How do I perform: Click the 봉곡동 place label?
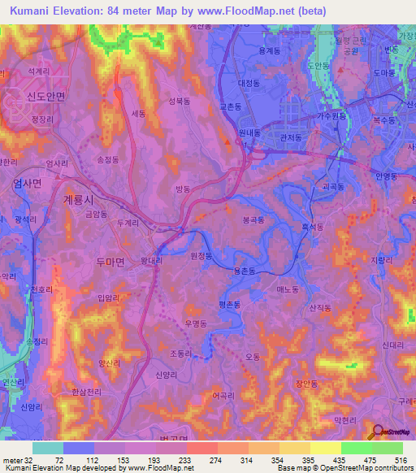(x=255, y=220)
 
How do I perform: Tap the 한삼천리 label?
(x=86, y=392)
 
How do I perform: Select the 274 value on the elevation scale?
(x=215, y=460)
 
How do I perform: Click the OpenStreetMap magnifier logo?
(x=380, y=432)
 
